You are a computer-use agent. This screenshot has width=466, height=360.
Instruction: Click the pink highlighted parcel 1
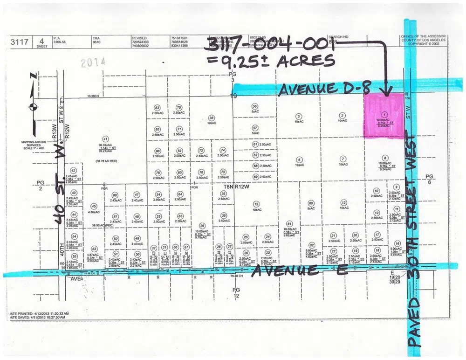pos(384,115)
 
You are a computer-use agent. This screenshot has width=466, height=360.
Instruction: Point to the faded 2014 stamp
pos(93,62)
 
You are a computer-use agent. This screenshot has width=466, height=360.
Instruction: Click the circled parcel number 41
pos(105,138)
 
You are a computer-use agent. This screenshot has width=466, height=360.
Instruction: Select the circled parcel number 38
pos(212,118)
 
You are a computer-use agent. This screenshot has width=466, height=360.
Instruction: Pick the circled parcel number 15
pos(256,203)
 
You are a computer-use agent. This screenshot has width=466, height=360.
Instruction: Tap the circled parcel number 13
pos(343,202)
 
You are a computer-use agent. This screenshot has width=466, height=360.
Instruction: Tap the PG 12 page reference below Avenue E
pos(236,292)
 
